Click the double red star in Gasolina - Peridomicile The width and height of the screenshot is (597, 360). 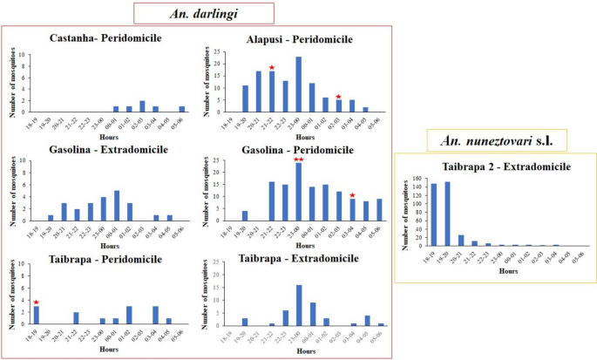[298, 160]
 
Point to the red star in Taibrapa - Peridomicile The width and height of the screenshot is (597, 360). [37, 302]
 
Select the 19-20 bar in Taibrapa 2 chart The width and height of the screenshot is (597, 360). [448, 214]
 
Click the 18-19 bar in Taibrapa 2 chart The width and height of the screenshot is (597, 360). [433, 215]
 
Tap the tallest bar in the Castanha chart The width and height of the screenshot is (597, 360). [142, 107]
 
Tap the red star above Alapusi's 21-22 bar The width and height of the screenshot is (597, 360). [272, 67]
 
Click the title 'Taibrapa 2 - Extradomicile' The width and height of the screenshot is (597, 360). [494, 166]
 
